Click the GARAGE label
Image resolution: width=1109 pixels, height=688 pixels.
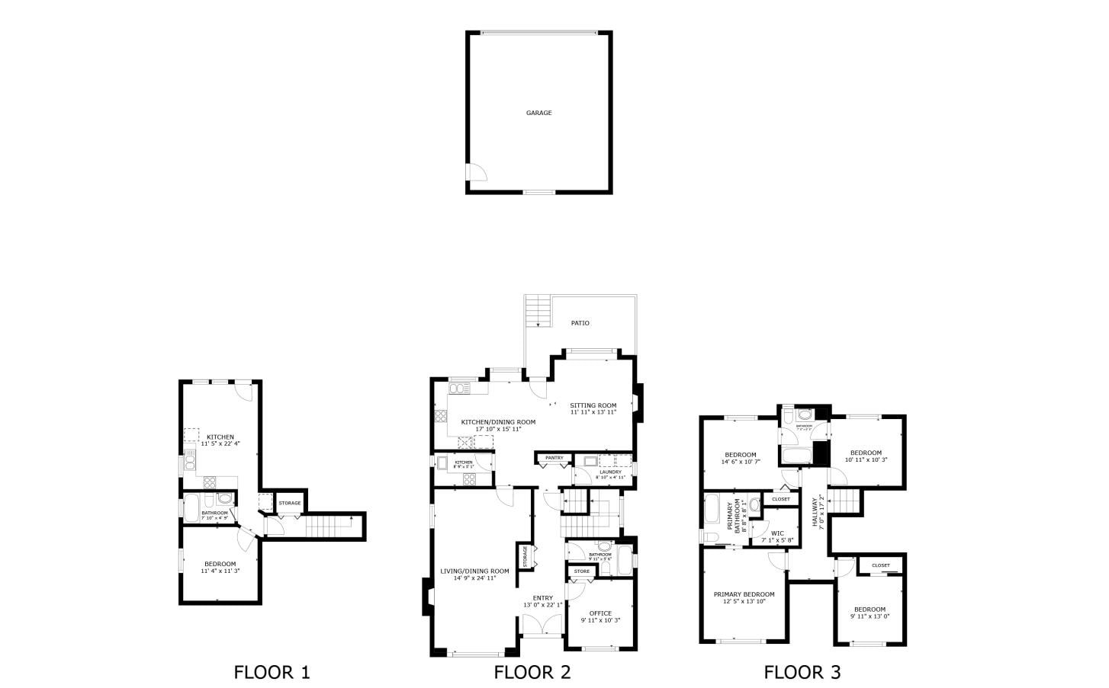tap(538, 113)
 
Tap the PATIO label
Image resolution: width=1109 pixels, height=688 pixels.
tap(580, 323)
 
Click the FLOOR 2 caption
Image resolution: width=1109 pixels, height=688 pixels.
tap(532, 672)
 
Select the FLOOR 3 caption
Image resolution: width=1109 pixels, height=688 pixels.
tap(802, 672)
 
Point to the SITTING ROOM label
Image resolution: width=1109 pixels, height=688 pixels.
tap(593, 405)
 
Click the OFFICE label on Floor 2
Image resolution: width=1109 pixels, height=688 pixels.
tap(600, 613)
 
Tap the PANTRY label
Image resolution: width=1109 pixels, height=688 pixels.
tap(554, 458)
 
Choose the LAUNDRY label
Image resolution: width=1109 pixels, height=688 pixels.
tap(610, 472)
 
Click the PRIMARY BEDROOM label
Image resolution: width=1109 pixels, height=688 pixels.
tap(744, 594)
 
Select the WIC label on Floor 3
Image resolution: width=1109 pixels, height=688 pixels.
tap(777, 533)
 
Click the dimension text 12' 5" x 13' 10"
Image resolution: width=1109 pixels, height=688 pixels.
tap(744, 601)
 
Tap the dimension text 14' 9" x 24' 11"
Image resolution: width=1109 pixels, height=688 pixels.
tap(474, 578)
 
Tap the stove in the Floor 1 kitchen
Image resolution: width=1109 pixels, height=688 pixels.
tap(211, 482)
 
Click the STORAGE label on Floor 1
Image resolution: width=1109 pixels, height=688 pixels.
tap(289, 503)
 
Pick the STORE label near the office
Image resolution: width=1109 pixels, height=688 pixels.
tap(582, 571)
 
